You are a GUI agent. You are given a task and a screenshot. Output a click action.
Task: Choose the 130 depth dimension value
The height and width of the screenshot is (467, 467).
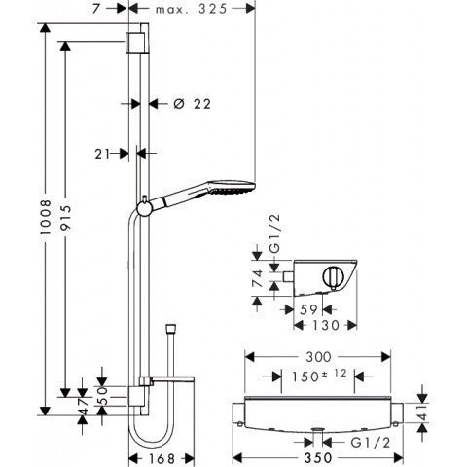336,328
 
